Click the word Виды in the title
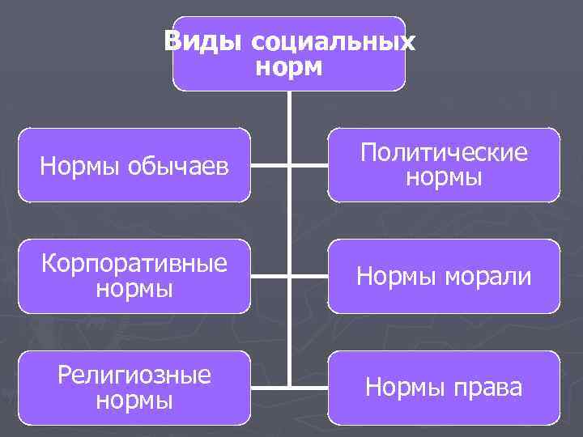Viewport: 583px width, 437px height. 202,40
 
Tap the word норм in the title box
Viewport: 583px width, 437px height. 289,66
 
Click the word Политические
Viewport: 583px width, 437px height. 444,152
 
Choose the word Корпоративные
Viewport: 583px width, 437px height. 134,264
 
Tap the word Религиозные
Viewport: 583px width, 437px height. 134,375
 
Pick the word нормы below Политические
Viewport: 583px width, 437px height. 444,176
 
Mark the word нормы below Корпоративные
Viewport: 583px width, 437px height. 134,288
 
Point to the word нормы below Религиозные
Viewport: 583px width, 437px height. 134,400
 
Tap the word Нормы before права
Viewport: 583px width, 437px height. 402,388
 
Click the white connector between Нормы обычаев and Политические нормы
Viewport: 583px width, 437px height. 267,164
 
